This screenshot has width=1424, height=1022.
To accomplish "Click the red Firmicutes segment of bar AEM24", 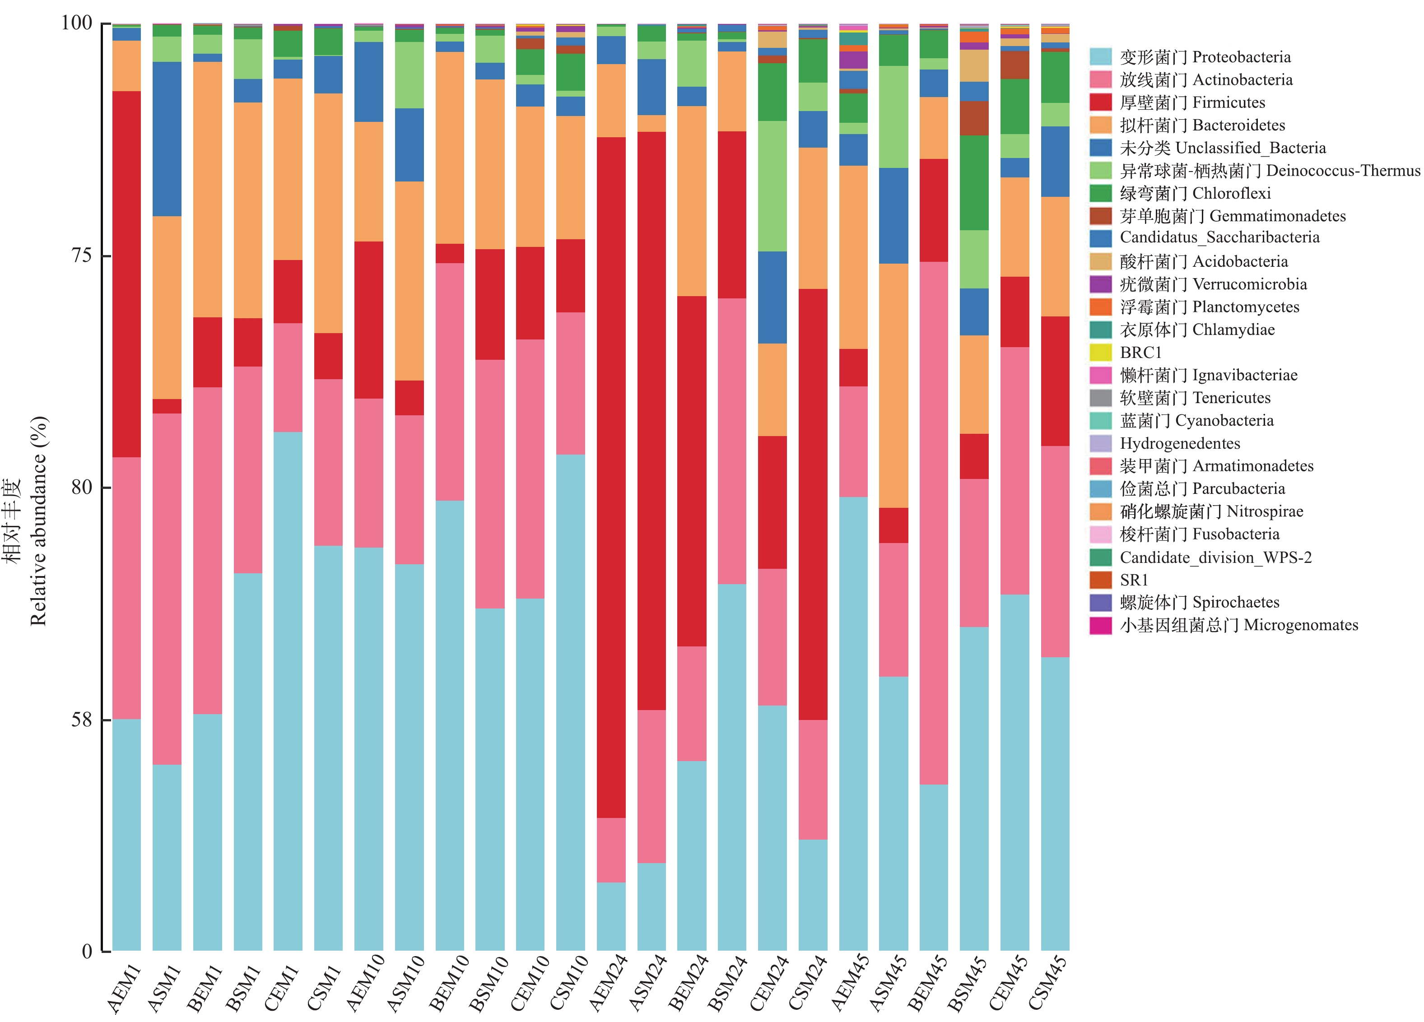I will [x=610, y=477].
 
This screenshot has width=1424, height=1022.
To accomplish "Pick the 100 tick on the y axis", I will [x=77, y=23].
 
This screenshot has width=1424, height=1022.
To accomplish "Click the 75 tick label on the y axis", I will [x=82, y=255].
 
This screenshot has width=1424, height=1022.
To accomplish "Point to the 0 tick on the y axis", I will [x=87, y=951].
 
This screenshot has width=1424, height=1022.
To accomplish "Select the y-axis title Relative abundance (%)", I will [x=38, y=520].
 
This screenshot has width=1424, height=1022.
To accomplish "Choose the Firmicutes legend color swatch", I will [x=1101, y=102].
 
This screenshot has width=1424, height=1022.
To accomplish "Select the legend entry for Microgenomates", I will [x=1238, y=625].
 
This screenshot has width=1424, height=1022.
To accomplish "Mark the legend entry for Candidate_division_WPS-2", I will [x=1215, y=557].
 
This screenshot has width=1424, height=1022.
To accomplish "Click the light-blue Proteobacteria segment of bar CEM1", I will [x=288, y=691].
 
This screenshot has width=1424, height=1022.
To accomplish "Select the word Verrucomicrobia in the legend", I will [x=1249, y=284].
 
